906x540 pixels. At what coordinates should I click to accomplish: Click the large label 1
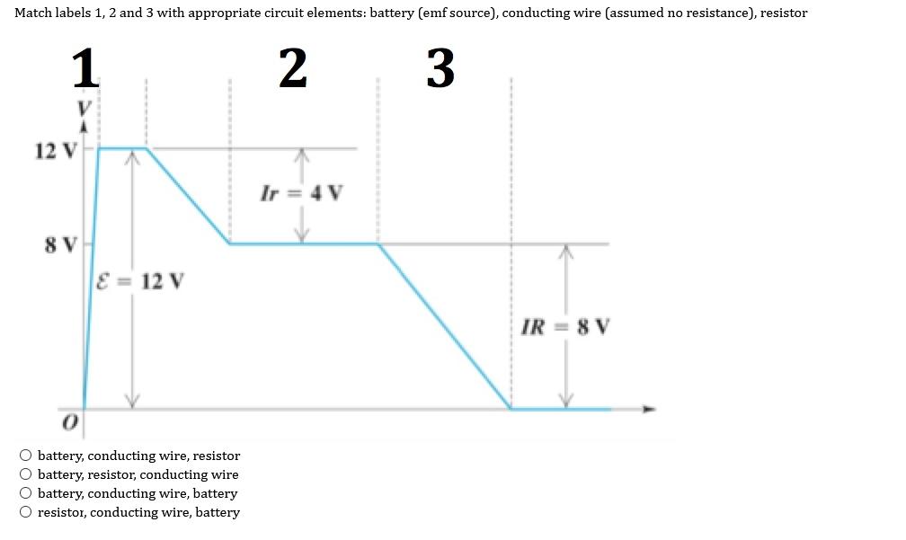click(84, 68)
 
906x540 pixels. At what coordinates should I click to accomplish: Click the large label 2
click(293, 68)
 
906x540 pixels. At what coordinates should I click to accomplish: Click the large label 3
click(440, 68)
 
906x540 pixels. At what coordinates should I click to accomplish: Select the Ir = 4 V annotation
click(301, 193)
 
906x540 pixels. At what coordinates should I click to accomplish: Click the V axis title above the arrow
click(84, 107)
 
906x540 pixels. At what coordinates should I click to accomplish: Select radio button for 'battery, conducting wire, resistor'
click(27, 456)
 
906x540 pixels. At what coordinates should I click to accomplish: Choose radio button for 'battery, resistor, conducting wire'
click(27, 474)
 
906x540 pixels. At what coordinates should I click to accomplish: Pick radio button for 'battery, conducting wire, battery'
click(27, 493)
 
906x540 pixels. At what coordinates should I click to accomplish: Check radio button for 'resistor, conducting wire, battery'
click(27, 512)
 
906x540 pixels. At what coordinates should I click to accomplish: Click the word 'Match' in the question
click(33, 13)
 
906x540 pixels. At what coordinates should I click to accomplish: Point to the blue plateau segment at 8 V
click(303, 243)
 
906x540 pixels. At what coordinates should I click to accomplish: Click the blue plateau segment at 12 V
click(122, 148)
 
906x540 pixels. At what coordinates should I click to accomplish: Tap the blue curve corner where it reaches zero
click(511, 409)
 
